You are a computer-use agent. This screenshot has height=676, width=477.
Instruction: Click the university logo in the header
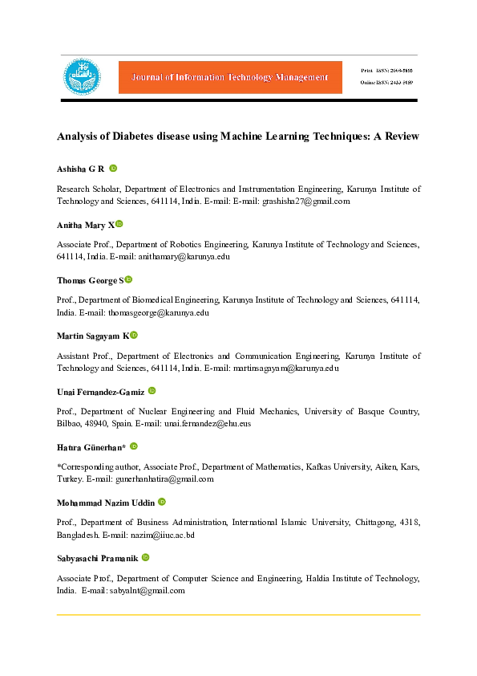tap(83, 76)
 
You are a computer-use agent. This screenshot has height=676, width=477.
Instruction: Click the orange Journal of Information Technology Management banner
tap(230, 77)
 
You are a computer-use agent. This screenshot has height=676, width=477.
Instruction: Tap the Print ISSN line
tap(390, 71)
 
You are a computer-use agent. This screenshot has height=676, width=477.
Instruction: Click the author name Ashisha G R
tap(81, 169)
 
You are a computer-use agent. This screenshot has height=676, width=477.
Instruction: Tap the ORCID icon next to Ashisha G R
tap(113, 168)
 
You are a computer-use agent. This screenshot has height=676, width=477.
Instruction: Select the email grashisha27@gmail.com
tap(306, 202)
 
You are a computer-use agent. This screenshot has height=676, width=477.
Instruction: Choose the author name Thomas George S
tap(90, 280)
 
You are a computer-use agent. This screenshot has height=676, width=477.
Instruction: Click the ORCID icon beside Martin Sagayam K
tap(135, 335)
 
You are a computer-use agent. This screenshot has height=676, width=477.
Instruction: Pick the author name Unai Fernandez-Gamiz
tap(101, 391)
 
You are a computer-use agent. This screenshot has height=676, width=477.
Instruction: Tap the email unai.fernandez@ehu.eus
tap(208, 423)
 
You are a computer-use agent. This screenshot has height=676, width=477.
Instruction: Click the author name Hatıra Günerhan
tap(91, 446)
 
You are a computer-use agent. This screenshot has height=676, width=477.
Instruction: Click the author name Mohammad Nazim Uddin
tap(106, 502)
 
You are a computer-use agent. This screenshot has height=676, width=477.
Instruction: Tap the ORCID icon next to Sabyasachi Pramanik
tap(146, 556)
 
